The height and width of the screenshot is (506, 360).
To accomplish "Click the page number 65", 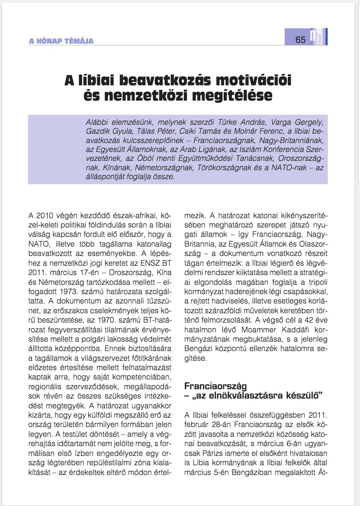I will click(301, 40).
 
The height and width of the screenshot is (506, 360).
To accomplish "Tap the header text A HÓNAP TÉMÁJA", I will click(61, 41).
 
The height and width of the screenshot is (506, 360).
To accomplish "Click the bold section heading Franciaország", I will click(215, 387).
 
